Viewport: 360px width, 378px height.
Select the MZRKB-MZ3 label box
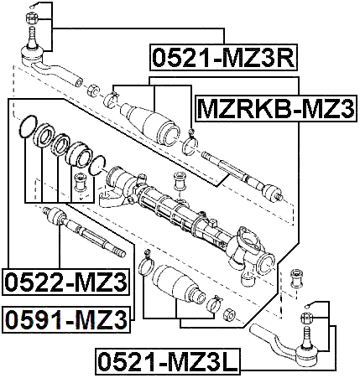275,107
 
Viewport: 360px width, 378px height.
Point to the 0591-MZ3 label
65,318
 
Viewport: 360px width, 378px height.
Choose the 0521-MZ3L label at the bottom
167,363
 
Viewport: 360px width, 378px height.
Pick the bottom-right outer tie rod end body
290,350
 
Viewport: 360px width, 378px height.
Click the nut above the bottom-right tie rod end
305,318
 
